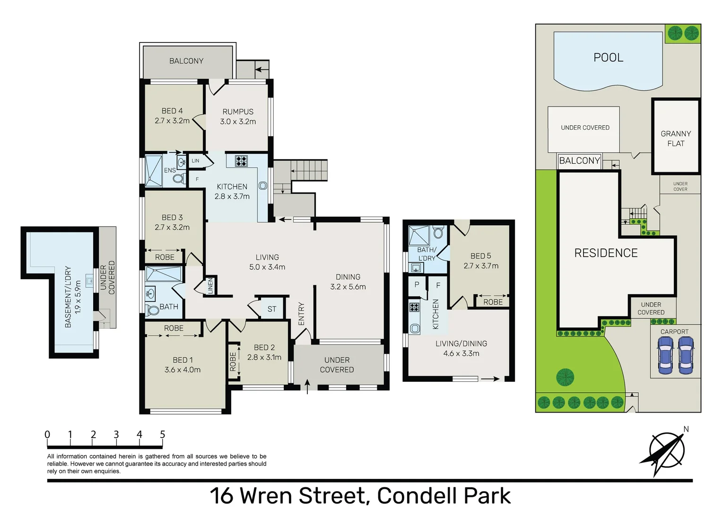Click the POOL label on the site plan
608,58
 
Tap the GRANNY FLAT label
675,139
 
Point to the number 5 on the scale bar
162,434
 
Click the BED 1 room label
183,365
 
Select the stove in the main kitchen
241,161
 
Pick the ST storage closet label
272,309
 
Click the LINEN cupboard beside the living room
210,286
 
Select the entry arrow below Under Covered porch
308,386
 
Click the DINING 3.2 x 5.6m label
348,282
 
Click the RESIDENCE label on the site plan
606,253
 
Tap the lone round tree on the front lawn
565,377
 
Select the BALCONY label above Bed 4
186,61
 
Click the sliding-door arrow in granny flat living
490,379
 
